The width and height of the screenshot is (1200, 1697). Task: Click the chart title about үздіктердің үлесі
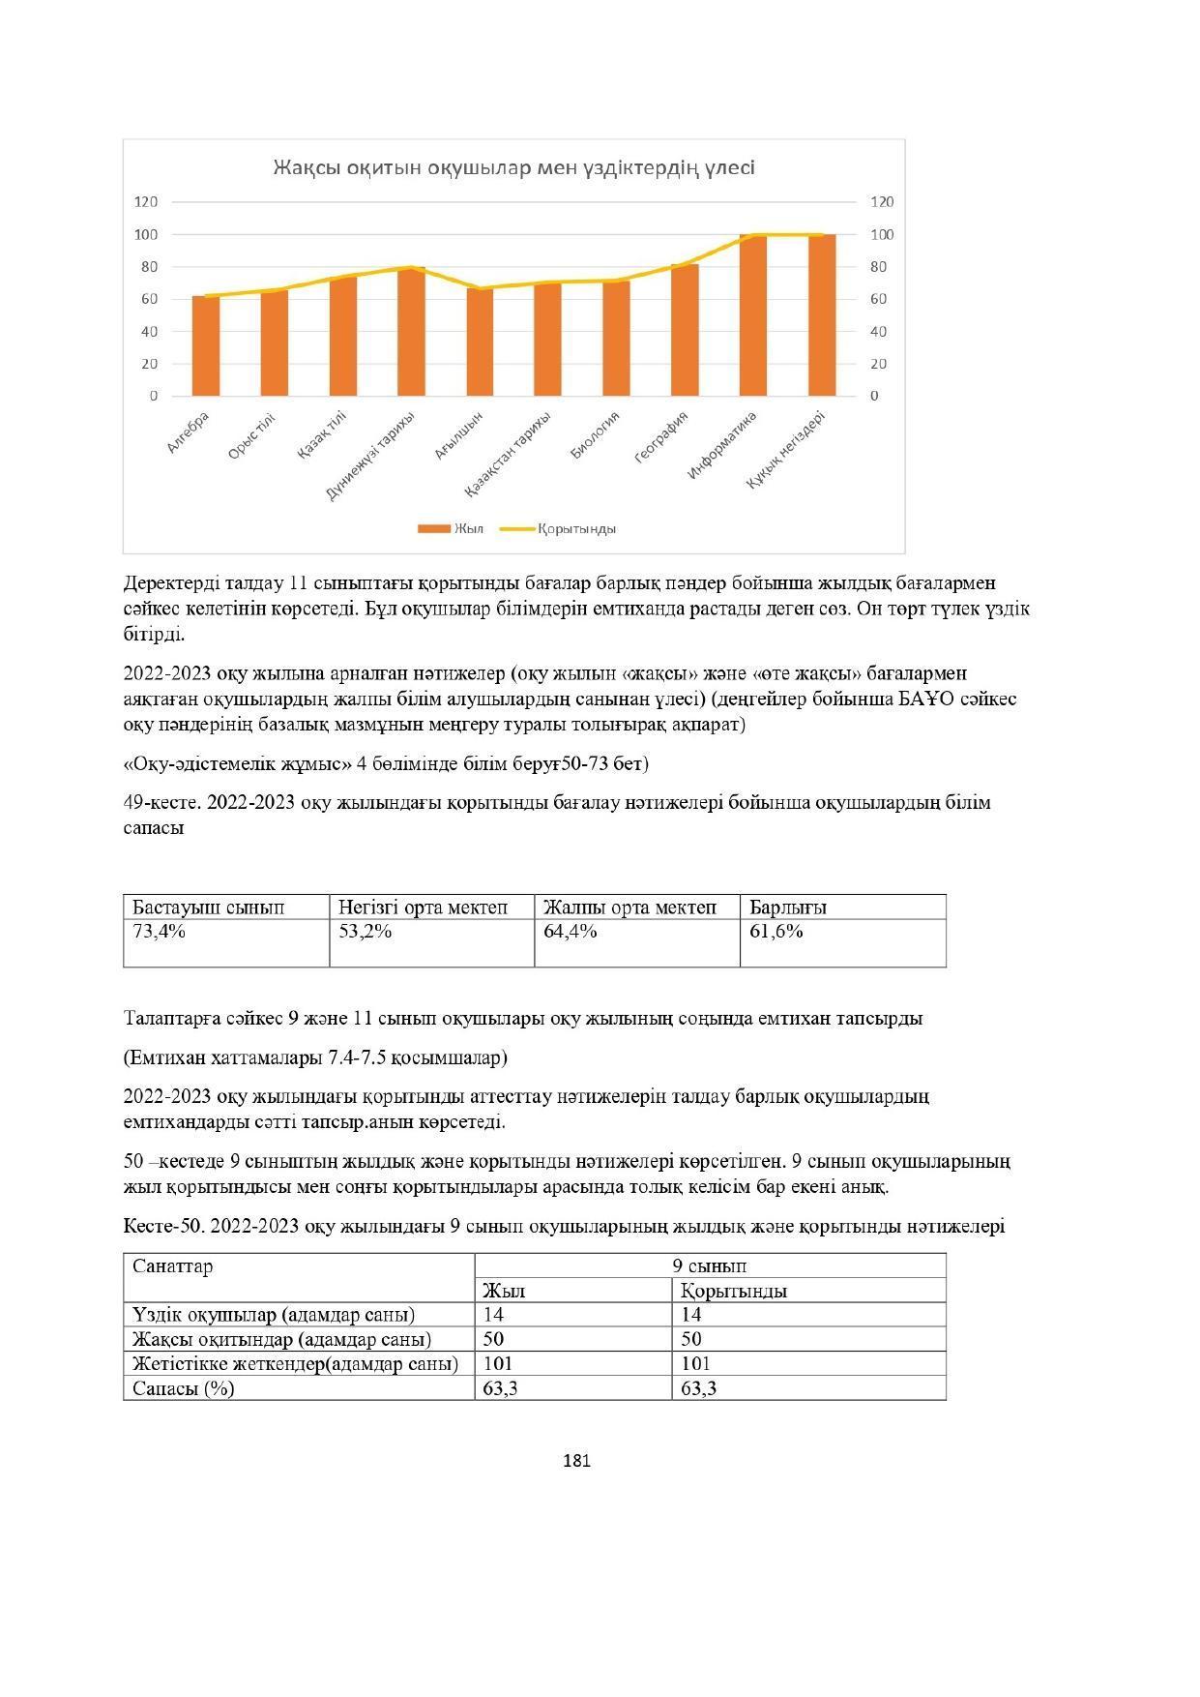pyautogui.click(x=513, y=167)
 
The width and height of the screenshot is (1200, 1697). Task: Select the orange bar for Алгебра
pyautogui.click(x=206, y=346)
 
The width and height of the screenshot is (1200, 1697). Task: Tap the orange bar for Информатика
pyautogui.click(x=753, y=315)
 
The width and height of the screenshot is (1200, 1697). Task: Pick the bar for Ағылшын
pyautogui.click(x=480, y=342)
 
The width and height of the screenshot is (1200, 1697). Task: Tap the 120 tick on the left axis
pyautogui.click(x=146, y=202)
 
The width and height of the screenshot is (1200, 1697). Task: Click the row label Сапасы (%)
pyautogui.click(x=184, y=1388)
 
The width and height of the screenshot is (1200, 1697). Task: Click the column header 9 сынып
pyautogui.click(x=710, y=1265)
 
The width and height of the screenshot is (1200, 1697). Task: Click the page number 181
pyautogui.click(x=576, y=1461)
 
